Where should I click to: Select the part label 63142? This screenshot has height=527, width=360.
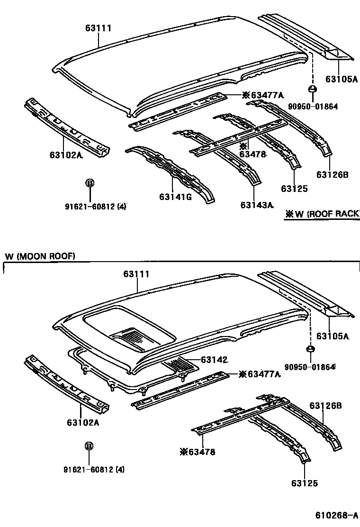tap(215, 360)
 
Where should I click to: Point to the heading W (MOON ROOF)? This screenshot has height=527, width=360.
tap(40, 256)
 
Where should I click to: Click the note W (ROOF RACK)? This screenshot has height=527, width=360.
tap(322, 214)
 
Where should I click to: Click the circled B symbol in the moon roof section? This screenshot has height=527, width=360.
tap(89, 446)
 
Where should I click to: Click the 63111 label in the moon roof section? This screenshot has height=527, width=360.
tap(136, 274)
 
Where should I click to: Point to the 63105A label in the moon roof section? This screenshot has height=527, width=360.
tap(333, 336)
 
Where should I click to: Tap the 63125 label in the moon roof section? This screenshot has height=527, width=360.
tap(305, 483)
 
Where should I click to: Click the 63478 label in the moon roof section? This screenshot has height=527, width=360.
tap(198, 452)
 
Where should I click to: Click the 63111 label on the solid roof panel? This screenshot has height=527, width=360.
tap(99, 28)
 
